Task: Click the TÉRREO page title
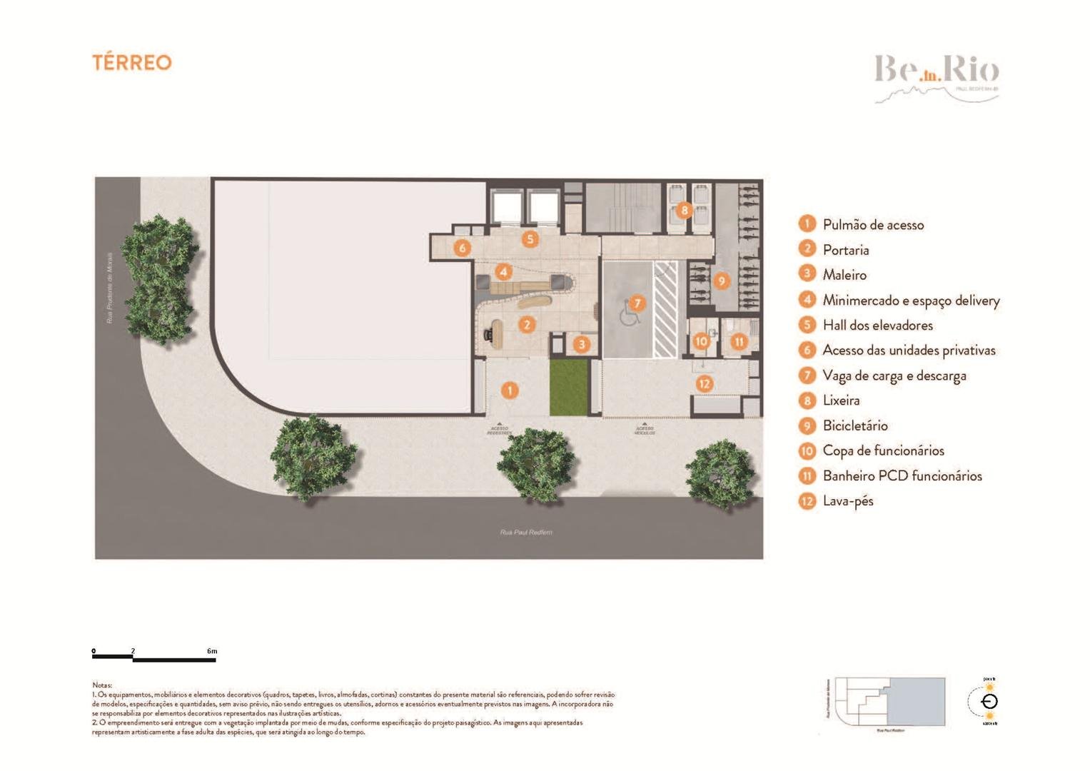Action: [x=132, y=63]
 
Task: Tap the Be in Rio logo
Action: [x=937, y=76]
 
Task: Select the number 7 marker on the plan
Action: [x=637, y=303]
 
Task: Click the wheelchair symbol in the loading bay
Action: [x=628, y=314]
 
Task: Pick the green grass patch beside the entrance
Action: [x=568, y=388]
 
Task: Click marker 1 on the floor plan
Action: [x=509, y=390]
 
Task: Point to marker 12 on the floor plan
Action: [x=705, y=384]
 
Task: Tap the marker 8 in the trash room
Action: [x=685, y=210]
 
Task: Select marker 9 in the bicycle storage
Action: [x=721, y=281]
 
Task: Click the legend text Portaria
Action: [x=845, y=250]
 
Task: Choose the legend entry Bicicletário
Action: [x=854, y=425]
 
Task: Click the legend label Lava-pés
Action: [x=847, y=501]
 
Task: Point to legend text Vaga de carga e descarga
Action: [x=894, y=376]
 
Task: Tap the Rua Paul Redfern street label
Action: [x=526, y=532]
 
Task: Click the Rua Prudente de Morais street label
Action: [x=110, y=287]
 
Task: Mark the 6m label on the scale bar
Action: [x=212, y=651]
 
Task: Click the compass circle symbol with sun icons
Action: [x=989, y=701]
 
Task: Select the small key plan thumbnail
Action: [x=889, y=702]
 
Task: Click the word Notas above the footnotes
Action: [x=102, y=685]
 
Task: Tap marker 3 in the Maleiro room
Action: [x=582, y=345]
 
